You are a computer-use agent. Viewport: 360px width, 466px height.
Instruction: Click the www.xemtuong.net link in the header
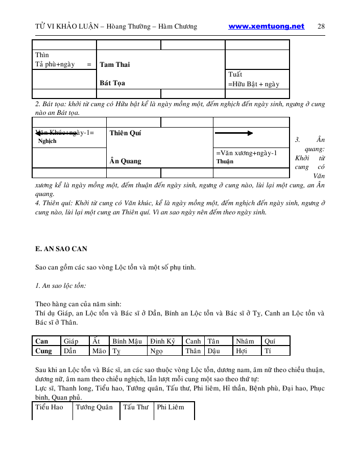[266, 27]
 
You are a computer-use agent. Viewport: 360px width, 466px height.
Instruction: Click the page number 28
[321, 27]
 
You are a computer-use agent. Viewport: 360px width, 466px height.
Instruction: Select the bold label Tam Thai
[115, 64]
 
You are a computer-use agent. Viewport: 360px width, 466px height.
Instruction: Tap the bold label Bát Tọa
[112, 83]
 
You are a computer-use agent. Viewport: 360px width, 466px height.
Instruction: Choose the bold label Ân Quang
[125, 161]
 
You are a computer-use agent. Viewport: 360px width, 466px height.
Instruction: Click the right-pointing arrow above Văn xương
[234, 133]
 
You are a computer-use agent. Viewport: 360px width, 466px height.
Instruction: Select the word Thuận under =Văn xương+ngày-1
[225, 161]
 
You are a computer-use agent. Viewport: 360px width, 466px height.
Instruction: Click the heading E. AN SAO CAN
[61, 249]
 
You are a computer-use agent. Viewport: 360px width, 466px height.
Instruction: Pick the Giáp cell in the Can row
[70, 341]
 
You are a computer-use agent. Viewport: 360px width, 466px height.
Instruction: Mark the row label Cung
[44, 351]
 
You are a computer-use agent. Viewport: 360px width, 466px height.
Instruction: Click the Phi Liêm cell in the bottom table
[170, 407]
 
